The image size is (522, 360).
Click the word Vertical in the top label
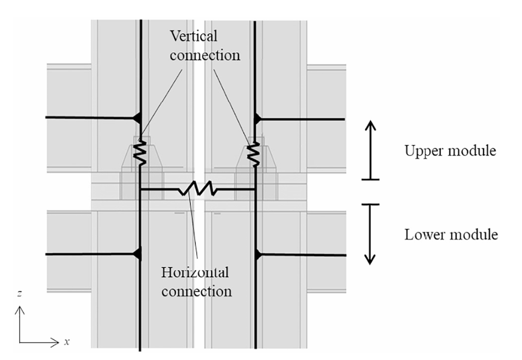[x=193, y=36]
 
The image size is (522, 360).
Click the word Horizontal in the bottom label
[x=195, y=272]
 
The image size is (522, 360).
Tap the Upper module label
[x=450, y=150]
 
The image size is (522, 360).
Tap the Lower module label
[x=451, y=234]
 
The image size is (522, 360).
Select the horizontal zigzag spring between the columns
[x=198, y=189]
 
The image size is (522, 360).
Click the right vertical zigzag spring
[x=254, y=154]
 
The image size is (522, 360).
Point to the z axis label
[x=20, y=294]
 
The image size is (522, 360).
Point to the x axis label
[x=67, y=341]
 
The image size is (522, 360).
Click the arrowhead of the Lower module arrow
[x=370, y=259]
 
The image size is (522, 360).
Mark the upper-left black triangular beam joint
[x=137, y=118]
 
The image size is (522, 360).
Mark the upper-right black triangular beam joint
[x=257, y=119]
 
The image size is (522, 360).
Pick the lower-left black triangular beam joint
[x=137, y=254]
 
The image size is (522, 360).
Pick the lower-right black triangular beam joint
[x=258, y=255]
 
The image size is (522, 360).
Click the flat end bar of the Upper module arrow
[x=370, y=180]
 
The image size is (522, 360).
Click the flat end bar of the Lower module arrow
[x=370, y=204]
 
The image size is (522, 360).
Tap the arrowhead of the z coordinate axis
[x=20, y=310]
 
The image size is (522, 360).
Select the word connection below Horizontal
[x=196, y=292]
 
